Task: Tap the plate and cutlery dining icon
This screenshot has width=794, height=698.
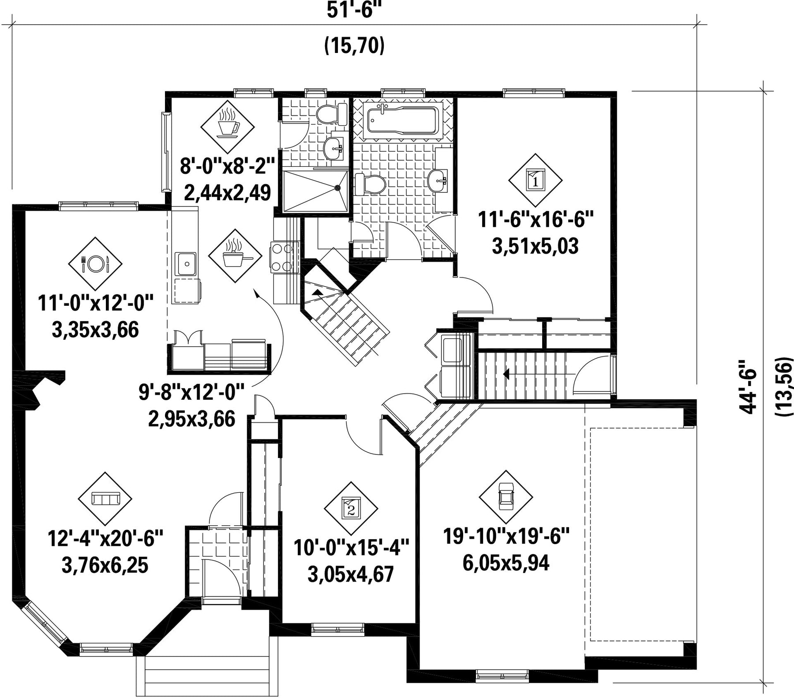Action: coord(95,264)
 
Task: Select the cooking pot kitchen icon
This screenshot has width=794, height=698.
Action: coord(235,256)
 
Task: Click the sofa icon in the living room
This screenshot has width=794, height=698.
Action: coord(105,499)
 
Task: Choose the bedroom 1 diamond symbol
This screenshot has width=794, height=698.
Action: coord(535,180)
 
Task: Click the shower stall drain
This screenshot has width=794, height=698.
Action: coord(338,187)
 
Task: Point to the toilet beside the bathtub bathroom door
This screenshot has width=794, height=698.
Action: coord(370,184)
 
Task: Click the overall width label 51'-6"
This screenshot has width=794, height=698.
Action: coord(354,10)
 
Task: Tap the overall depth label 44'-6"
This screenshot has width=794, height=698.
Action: coord(748,387)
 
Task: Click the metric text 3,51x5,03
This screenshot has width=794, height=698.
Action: coord(535,246)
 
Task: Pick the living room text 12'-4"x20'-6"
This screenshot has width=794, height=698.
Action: coord(105,539)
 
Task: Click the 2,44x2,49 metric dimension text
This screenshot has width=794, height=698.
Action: coord(227,193)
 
